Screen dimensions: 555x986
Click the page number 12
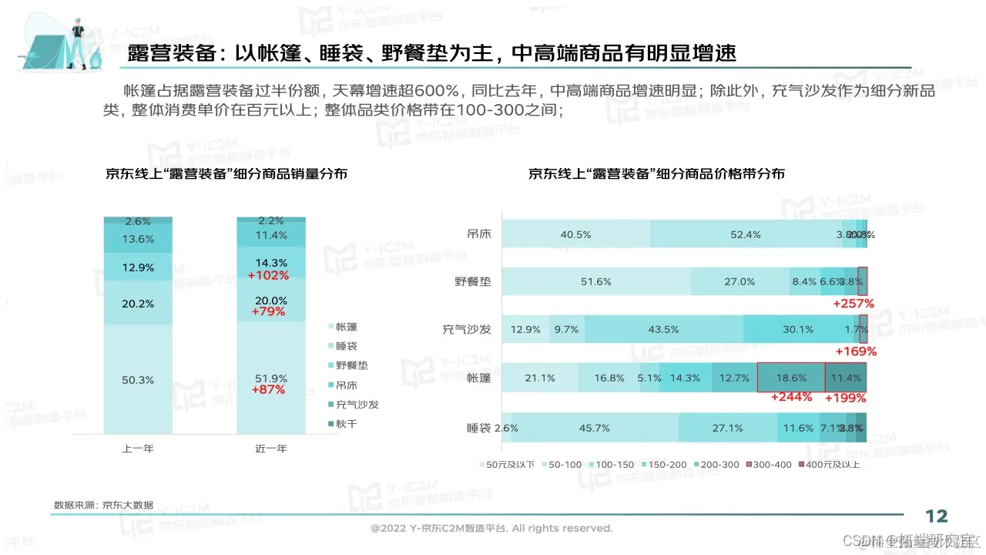click(936, 516)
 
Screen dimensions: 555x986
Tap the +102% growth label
click(269, 275)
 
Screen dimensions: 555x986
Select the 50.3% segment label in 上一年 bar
click(138, 380)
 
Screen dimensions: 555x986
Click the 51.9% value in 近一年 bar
click(271, 378)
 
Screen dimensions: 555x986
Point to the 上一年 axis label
click(138, 448)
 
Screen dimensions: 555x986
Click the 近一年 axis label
click(271, 448)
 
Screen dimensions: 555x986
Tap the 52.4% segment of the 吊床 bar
click(746, 234)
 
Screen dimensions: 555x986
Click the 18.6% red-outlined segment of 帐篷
click(791, 378)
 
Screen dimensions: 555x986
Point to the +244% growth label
click(791, 398)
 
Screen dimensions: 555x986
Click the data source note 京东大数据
click(103, 505)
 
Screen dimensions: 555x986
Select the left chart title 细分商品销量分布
click(226, 174)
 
